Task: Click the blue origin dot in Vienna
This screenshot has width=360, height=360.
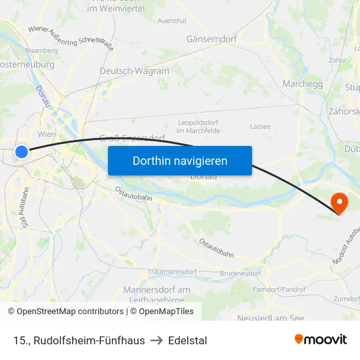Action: tap(22, 152)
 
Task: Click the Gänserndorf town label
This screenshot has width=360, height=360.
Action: tap(211, 39)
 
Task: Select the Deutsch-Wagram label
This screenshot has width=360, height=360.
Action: tap(134, 71)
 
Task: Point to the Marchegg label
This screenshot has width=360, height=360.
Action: tap(302, 84)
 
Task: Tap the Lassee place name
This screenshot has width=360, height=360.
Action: tap(260, 126)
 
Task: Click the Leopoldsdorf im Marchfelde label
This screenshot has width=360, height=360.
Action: tap(199, 126)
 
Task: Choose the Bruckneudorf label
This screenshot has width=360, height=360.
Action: tap(240, 272)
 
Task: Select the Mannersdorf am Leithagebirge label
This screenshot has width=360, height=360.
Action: tap(157, 295)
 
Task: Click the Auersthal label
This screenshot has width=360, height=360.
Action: tap(171, 20)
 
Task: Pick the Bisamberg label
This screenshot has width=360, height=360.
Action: tap(41, 50)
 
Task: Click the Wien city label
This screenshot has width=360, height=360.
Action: tap(46, 134)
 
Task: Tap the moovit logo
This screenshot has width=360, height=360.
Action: tap(320, 339)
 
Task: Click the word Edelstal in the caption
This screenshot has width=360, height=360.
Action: tap(187, 340)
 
